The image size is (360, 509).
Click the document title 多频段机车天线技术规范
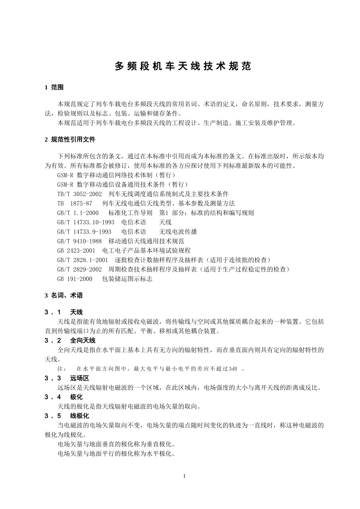coord(183,66)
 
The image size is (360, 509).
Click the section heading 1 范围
coord(54,87)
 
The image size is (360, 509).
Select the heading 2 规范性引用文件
coord(70,139)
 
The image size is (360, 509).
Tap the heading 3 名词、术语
coord(64,295)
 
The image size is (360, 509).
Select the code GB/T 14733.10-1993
coord(86,222)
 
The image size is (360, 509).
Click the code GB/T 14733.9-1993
coord(84,232)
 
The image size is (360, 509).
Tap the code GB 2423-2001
coord(76,251)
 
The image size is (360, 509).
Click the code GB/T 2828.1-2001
coord(83,260)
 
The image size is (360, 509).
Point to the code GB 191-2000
coord(75,279)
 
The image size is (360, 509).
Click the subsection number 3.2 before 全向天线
coord(53,340)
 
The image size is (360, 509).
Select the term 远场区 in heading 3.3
coord(80,378)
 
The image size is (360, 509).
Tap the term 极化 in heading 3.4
coord(76,397)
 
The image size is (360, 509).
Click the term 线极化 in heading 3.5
coord(80,416)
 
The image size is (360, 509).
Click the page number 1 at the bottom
coord(184,476)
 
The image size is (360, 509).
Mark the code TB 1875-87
coord(75,203)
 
